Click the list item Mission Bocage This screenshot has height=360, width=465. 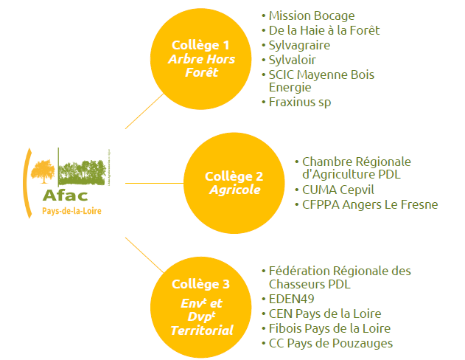[312, 15]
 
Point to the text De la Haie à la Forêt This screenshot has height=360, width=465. [324, 30]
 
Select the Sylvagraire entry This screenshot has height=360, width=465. [299, 45]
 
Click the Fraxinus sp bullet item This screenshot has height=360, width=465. [300, 102]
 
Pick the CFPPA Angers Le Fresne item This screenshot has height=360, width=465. [370, 204]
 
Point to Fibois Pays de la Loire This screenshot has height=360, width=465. [329, 328]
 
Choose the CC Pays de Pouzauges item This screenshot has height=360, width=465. [331, 343]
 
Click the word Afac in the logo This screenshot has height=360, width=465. [65, 195]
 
